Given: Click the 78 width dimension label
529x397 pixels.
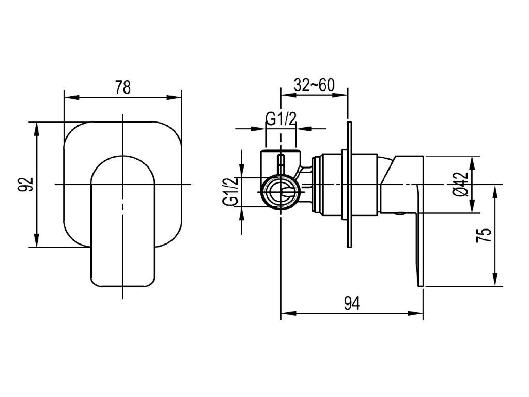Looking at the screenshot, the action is (x=122, y=87).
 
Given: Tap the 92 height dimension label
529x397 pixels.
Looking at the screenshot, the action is (x=26, y=184).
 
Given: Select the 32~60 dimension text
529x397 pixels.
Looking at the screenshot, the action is (x=314, y=85).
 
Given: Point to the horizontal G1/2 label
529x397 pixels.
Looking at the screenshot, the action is (x=281, y=119).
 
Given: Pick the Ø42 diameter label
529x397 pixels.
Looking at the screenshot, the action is (x=461, y=185).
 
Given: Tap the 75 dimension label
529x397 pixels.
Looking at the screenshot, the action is (x=483, y=235).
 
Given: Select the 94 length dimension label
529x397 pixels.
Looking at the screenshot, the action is (x=352, y=303).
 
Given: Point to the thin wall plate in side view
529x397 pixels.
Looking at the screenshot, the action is (x=350, y=185).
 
